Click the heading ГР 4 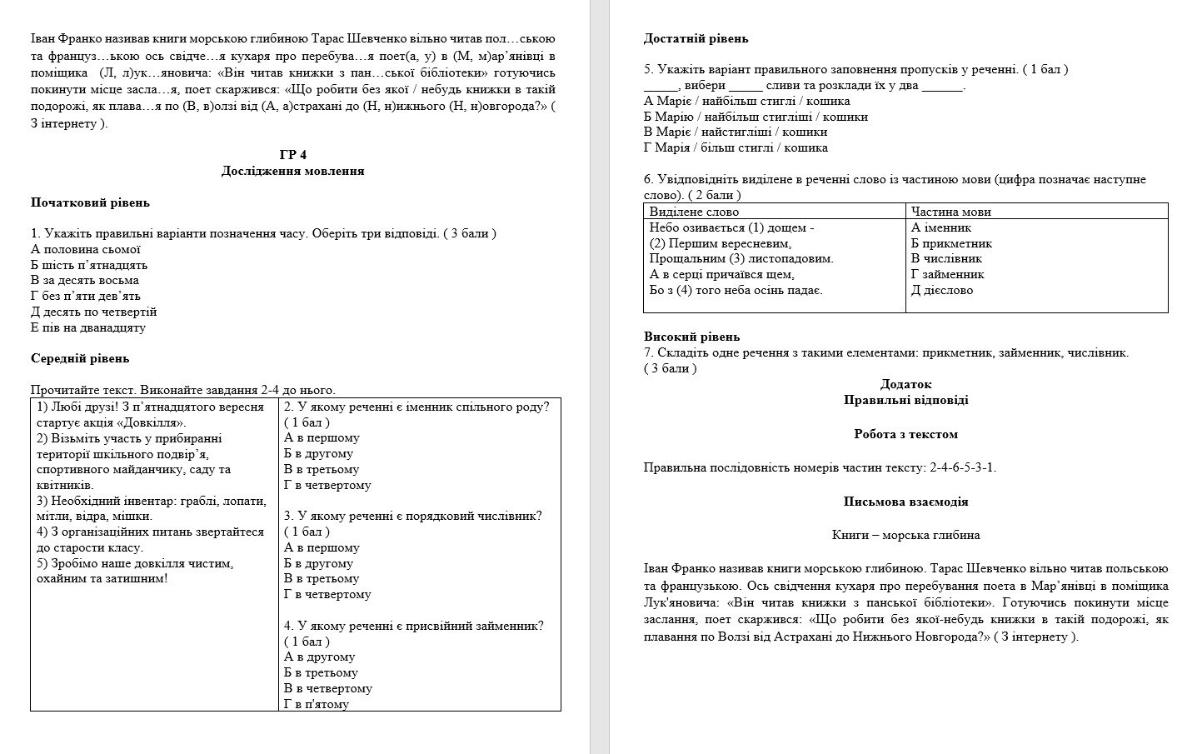click(293, 155)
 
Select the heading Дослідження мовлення click(293, 171)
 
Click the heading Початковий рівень click(90, 202)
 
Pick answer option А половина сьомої click(86, 249)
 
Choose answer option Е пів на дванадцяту click(88, 327)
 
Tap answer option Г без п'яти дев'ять click(86, 296)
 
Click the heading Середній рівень click(80, 358)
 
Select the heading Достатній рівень click(696, 38)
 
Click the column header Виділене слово click(694, 212)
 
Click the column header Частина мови click(950, 212)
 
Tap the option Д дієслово click(942, 290)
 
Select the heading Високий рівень click(691, 337)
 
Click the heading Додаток click(905, 384)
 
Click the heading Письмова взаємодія click(905, 502)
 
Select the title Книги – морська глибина click(905, 535)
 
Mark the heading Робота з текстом click(905, 434)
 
